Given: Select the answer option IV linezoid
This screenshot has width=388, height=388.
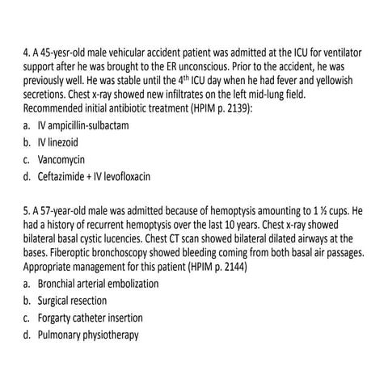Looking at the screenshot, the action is click(x=69, y=142).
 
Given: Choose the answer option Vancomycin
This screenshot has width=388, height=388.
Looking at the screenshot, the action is click(x=67, y=158).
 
